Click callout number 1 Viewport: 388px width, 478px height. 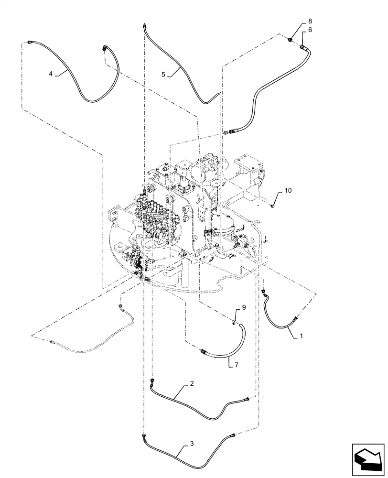tap(301, 337)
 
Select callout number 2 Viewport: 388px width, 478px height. tap(192, 384)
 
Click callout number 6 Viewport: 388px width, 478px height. tap(310, 30)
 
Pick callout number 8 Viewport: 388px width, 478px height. tap(310, 21)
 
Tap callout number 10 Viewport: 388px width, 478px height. tap(287, 190)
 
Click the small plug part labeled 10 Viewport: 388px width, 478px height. tap(273, 206)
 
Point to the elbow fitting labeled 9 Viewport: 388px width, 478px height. tap(235, 323)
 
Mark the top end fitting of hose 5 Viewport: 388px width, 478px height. tap(144, 24)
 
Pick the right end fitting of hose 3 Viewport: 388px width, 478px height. tap(233, 435)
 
